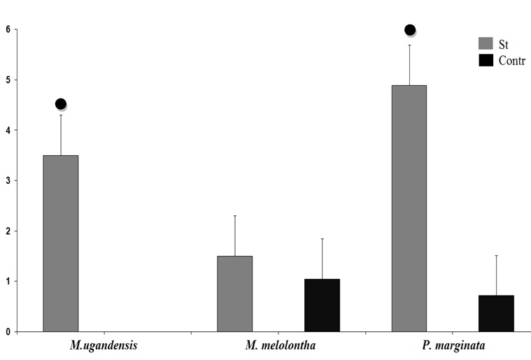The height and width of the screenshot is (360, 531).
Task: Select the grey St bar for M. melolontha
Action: coord(234,294)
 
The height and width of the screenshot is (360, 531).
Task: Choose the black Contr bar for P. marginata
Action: coord(496,313)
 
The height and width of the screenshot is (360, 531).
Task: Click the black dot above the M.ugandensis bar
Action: coord(60,104)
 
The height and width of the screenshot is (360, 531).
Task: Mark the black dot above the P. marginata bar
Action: coord(410,30)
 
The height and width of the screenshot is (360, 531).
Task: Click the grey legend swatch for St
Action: coord(486,43)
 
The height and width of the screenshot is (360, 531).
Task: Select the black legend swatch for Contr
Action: coord(486,60)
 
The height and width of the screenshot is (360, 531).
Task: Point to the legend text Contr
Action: coord(511,61)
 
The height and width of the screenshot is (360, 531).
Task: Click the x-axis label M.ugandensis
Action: coord(103,346)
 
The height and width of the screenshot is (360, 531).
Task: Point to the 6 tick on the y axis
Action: coord(8,29)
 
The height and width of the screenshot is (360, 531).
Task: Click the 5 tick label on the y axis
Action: coord(8,80)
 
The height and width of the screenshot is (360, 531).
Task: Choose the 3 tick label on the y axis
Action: coord(8,180)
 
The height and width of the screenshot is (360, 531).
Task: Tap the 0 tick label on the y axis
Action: coord(8,331)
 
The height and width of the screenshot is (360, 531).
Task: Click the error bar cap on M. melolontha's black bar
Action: coord(322,239)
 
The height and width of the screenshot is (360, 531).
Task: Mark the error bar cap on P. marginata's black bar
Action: coord(496,256)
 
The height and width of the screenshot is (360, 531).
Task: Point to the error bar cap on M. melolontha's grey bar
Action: coord(234,216)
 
